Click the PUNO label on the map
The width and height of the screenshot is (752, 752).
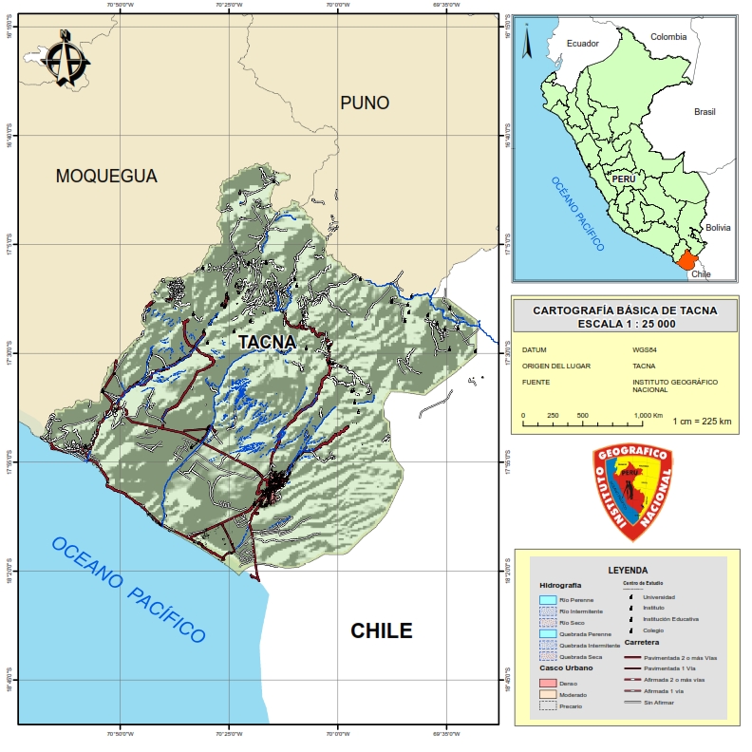pyautogui.click(x=365, y=103)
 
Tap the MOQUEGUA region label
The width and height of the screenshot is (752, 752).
pyautogui.click(x=106, y=176)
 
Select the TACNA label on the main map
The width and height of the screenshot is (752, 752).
pyautogui.click(x=267, y=341)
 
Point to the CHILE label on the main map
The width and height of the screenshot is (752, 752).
pyautogui.click(x=382, y=630)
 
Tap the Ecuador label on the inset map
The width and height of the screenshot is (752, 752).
pyautogui.click(x=582, y=44)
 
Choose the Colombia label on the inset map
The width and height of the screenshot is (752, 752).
pyautogui.click(x=667, y=37)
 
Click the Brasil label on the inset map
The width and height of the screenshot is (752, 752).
pyautogui.click(x=705, y=111)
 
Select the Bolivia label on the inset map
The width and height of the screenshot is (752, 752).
pyautogui.click(x=718, y=228)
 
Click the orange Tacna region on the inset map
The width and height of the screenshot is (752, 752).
pyautogui.click(x=686, y=258)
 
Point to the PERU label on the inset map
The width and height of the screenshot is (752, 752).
pyautogui.click(x=624, y=179)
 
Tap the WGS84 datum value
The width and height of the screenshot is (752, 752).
pyautogui.click(x=645, y=349)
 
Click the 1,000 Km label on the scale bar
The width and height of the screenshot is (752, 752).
pyautogui.click(x=649, y=416)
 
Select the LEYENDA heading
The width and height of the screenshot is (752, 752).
pyautogui.click(x=628, y=570)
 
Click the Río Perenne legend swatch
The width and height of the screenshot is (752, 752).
pyautogui.click(x=547, y=600)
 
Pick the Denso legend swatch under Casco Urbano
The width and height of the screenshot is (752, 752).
pyautogui.click(x=547, y=683)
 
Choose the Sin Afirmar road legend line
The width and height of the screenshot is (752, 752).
pyautogui.click(x=631, y=703)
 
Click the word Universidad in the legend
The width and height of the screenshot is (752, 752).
pyautogui.click(x=659, y=596)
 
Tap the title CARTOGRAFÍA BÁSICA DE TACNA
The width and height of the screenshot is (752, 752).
pyautogui.click(x=625, y=310)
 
